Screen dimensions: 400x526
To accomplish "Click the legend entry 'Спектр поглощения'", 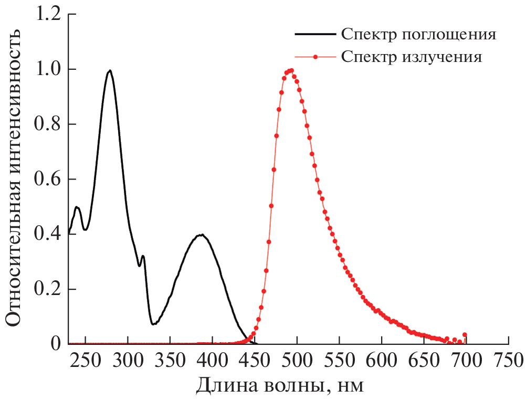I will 418,35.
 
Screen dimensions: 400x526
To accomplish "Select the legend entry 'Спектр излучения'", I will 411,56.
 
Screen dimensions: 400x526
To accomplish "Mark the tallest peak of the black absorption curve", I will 110,70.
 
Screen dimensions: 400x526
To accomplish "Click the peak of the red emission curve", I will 290,70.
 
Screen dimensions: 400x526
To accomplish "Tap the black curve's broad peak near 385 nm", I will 201,235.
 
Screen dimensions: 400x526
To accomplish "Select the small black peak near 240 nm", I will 77,207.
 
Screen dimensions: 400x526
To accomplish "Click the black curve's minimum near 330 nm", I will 153,324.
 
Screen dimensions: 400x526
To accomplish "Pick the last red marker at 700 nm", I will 465,334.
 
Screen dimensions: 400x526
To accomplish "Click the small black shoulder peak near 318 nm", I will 142,256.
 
